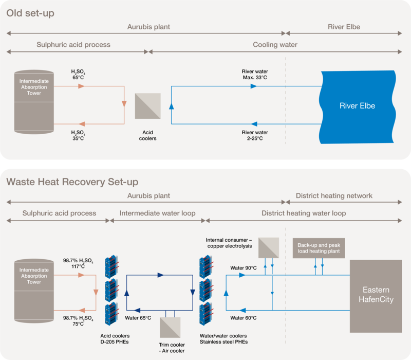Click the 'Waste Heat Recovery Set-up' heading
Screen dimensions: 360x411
tap(72, 182)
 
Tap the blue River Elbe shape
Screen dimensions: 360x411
tap(358, 106)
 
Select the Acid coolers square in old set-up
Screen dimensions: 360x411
tap(148, 106)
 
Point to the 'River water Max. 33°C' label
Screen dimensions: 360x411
tap(255, 74)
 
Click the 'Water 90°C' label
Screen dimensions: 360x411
tap(243, 268)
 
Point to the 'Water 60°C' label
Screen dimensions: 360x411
tap(243, 318)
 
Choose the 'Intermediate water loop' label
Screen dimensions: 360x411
tap(157, 213)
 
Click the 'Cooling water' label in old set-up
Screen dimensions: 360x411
tap(275, 45)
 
